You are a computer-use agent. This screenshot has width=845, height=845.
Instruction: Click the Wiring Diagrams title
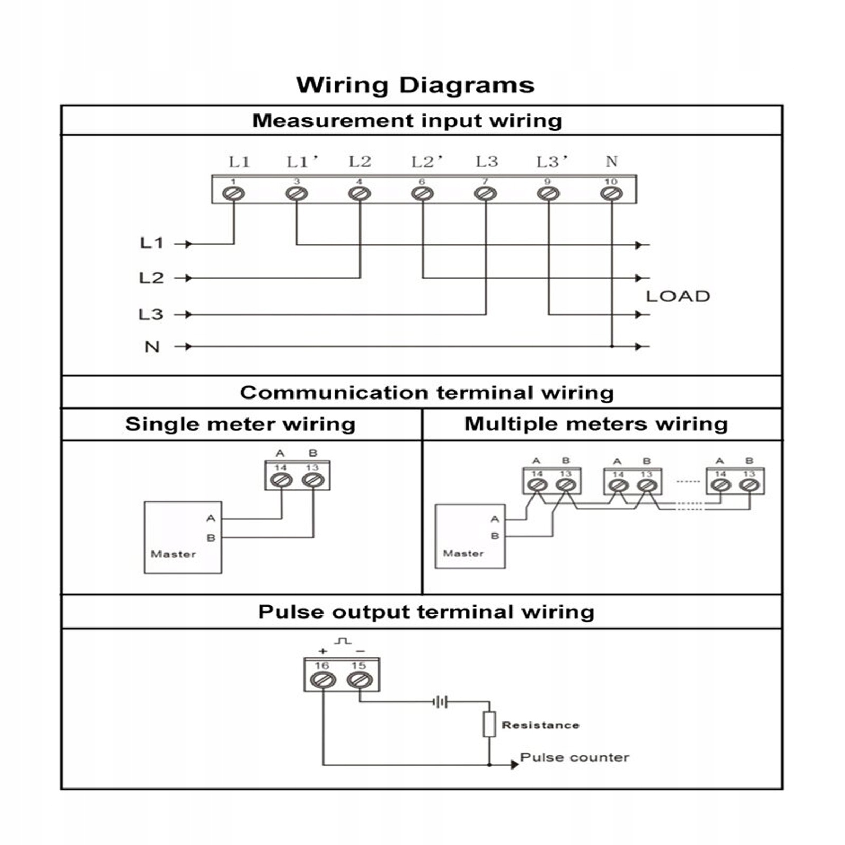[x=415, y=85]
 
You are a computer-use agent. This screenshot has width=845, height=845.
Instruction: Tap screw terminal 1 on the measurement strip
[x=233, y=194]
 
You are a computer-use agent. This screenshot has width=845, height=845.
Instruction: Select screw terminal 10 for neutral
[x=611, y=194]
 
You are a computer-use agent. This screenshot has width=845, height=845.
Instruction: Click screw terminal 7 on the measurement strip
[x=485, y=194]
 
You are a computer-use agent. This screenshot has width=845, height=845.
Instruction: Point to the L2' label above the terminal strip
[x=426, y=162]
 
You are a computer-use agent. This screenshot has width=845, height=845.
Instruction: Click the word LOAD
[x=678, y=296]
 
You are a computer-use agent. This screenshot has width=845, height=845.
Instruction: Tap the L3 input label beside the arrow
[x=151, y=315]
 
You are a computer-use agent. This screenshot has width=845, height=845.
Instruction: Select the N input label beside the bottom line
[x=152, y=347]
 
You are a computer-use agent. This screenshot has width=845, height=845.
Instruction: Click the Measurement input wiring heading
[x=407, y=120]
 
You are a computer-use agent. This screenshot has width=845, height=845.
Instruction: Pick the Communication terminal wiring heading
[x=426, y=393]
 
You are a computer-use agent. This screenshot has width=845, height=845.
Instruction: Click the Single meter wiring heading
[x=240, y=424]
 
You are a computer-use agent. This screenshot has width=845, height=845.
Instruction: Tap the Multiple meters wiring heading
[x=596, y=424]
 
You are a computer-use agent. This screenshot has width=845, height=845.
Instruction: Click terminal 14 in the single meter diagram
[x=281, y=480]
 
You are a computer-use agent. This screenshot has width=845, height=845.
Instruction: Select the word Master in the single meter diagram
[x=173, y=554]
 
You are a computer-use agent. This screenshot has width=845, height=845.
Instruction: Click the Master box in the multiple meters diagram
[x=470, y=536]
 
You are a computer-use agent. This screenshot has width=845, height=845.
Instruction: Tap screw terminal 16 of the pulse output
[x=322, y=680]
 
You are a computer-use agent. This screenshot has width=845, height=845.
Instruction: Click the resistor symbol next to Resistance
[x=489, y=724]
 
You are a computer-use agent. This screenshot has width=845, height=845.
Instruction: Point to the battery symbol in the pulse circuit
[x=440, y=702]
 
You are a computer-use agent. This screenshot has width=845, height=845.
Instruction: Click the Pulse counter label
[x=574, y=757]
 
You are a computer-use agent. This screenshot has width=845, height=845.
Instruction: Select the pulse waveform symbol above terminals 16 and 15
[x=342, y=641]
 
